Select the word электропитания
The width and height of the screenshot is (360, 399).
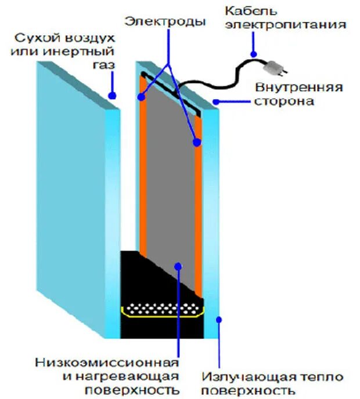[286, 25]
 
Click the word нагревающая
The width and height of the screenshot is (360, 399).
[125, 376]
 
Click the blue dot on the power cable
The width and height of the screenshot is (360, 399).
[254, 54]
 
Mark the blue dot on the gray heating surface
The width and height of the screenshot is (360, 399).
[179, 266]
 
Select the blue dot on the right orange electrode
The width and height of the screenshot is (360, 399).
[197, 142]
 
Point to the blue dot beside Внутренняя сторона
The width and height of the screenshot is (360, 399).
[215, 102]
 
